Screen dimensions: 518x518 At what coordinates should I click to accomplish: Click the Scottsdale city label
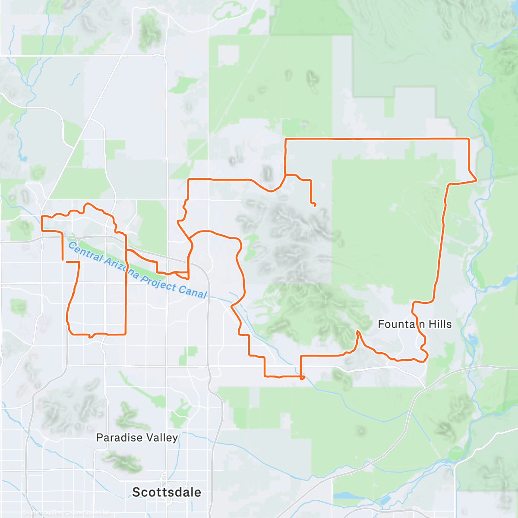167,492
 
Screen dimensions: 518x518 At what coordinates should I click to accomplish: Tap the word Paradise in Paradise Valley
114,438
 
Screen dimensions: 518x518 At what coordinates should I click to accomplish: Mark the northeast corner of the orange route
469,139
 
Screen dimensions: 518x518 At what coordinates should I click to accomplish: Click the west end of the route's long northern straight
286,139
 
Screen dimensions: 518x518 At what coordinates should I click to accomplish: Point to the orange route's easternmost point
476,180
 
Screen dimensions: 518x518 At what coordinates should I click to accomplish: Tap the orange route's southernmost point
302,378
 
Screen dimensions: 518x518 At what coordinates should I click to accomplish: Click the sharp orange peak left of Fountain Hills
357,331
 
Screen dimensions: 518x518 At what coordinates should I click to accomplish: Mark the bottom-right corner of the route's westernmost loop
125,334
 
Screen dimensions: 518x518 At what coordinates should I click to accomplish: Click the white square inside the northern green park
228,55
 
